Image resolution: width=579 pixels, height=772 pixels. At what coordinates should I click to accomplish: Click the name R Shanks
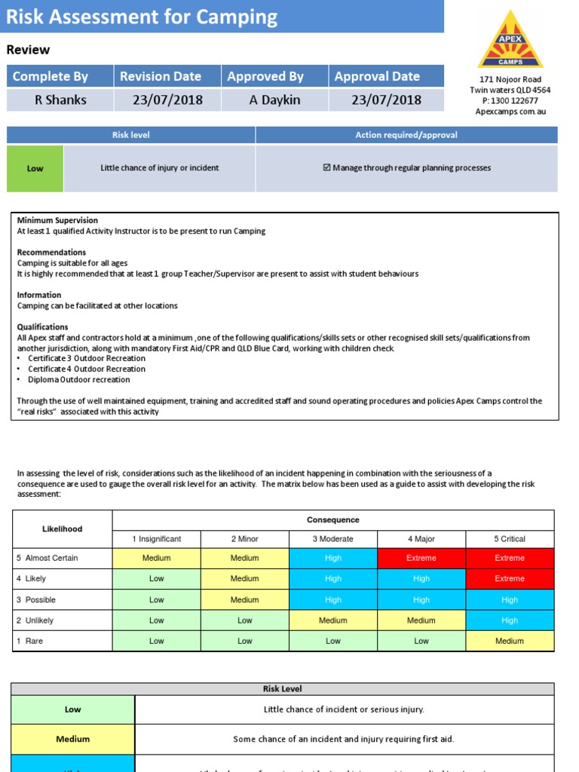click(x=60, y=100)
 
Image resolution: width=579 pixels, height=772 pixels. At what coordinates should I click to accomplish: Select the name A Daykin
click(x=274, y=100)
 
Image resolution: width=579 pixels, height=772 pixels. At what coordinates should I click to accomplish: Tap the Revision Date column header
click(x=161, y=76)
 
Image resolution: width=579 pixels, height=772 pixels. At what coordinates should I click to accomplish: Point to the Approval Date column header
click(x=377, y=76)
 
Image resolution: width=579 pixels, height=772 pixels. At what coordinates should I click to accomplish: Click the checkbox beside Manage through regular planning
click(x=326, y=168)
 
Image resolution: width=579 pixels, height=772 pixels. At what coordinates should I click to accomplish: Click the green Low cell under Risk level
click(x=35, y=168)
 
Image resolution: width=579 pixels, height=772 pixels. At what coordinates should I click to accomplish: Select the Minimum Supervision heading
click(x=57, y=220)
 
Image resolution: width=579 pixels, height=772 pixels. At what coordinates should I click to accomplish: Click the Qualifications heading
click(x=42, y=327)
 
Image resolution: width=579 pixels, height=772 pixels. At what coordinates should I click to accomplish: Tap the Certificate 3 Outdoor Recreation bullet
click(x=87, y=358)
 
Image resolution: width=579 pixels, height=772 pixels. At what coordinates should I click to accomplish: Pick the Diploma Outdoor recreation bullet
click(x=79, y=379)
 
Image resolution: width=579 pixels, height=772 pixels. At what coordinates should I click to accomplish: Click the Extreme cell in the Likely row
click(x=510, y=579)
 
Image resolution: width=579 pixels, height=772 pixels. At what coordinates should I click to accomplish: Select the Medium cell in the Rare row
click(x=510, y=641)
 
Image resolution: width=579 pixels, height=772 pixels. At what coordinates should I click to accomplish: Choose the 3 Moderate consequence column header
click(x=332, y=539)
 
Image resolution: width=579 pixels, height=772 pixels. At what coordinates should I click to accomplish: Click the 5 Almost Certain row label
click(x=47, y=558)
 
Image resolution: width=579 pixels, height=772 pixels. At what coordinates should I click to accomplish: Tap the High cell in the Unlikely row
click(x=510, y=620)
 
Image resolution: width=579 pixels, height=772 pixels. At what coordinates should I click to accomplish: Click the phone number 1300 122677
click(x=515, y=100)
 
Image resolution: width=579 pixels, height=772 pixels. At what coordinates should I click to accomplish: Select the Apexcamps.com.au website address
click(x=510, y=111)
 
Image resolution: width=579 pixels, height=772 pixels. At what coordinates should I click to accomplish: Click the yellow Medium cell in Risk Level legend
click(x=73, y=739)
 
